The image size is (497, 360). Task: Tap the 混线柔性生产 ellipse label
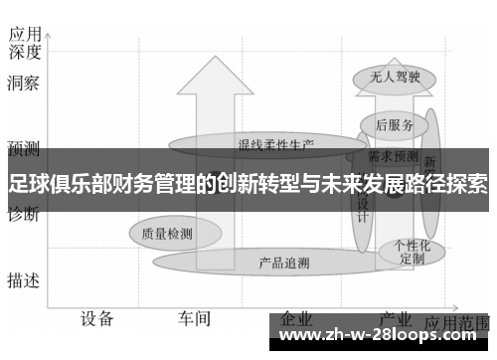274,143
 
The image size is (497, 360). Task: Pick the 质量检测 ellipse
166,235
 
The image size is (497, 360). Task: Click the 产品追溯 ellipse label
283,264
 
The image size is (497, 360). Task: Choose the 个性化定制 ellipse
412,251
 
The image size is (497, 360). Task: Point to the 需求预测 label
393,156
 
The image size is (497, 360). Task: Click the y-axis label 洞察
23,84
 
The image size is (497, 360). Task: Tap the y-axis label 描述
23,280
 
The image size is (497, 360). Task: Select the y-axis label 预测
23,149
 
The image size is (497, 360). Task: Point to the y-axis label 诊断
23,214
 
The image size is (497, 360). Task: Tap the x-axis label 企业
297,319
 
